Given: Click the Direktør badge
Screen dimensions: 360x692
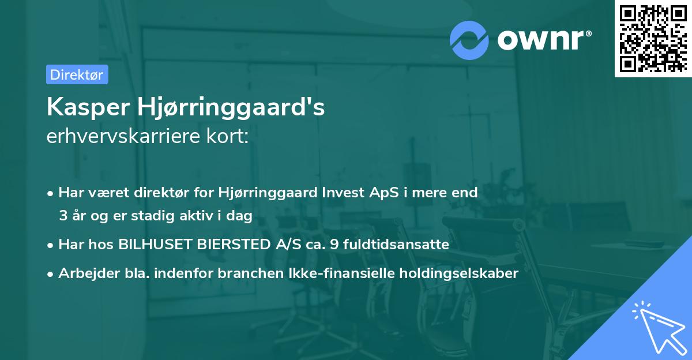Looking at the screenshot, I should pyautogui.click(x=77, y=74).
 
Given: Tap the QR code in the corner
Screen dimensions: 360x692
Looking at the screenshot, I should pyautogui.click(x=652, y=38).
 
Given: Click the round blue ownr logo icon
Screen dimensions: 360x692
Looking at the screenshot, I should pyautogui.click(x=469, y=40).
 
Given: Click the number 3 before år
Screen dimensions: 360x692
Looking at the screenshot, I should pyautogui.click(x=62, y=216).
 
